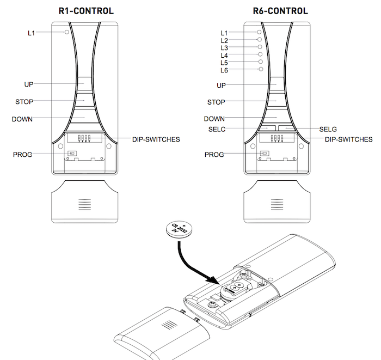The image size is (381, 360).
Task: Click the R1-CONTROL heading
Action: click(x=85, y=11)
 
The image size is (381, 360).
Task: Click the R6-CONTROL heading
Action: click(x=280, y=11)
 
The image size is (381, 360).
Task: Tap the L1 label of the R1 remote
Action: click(x=32, y=33)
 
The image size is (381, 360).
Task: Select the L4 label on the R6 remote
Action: click(x=224, y=56)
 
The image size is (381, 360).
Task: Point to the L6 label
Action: click(x=224, y=71)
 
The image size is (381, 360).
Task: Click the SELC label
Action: click(x=217, y=130)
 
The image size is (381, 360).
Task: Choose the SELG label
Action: click(x=328, y=130)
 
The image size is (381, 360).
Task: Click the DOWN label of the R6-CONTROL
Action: click(x=214, y=119)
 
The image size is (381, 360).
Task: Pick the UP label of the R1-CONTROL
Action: click(x=29, y=84)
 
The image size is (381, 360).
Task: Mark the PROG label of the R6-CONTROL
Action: click(x=214, y=155)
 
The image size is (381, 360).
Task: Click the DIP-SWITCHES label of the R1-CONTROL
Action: click(x=156, y=139)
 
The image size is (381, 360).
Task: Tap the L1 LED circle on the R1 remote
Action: click(x=66, y=33)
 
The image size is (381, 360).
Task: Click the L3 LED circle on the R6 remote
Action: click(x=260, y=47)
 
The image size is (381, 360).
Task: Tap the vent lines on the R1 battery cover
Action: click(x=83, y=205)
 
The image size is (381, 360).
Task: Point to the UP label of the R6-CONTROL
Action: click(x=221, y=86)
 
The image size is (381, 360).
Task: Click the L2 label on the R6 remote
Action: click(x=224, y=41)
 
